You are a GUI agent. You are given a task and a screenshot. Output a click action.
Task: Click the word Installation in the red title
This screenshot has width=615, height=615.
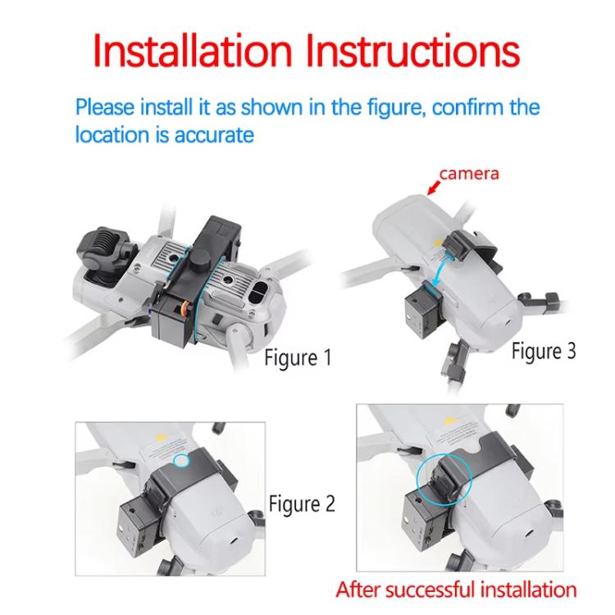[193, 51]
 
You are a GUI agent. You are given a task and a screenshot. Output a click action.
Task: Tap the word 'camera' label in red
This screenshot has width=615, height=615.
[469, 174]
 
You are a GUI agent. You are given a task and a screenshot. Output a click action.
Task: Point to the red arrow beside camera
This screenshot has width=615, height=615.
[434, 187]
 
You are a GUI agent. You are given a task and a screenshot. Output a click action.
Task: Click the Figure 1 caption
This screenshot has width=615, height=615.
[298, 358]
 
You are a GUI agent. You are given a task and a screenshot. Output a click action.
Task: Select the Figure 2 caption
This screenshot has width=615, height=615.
[302, 503]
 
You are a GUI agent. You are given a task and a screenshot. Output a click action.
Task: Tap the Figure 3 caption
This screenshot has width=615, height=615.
[544, 351]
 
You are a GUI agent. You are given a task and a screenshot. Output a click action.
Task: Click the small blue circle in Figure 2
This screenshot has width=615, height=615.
[181, 460]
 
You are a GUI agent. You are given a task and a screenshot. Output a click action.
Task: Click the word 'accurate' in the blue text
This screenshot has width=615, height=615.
[214, 135]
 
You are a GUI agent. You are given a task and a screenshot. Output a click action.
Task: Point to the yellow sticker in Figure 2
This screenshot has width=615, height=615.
[160, 437]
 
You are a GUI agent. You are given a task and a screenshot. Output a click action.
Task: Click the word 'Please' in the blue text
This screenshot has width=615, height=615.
[105, 107]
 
